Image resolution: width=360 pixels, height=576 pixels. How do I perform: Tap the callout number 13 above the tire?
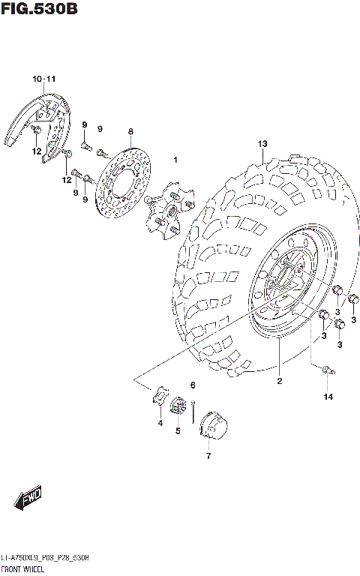(x=262, y=143)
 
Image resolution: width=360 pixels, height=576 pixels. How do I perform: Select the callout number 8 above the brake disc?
(x=130, y=131)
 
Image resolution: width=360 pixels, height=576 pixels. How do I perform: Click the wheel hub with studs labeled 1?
(x=167, y=206)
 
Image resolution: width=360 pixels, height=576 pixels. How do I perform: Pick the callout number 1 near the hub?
(x=175, y=160)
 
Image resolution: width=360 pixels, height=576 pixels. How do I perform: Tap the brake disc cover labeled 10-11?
(x=39, y=124)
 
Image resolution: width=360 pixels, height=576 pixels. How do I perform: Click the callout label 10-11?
(x=43, y=79)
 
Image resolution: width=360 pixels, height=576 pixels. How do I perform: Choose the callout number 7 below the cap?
(x=208, y=455)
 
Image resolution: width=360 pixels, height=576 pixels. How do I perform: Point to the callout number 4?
(x=160, y=424)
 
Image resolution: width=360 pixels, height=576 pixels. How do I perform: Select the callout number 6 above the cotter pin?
(x=193, y=385)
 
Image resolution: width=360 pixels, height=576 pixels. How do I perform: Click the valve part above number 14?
(x=326, y=369)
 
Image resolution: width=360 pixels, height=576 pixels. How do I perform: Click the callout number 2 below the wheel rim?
(x=278, y=381)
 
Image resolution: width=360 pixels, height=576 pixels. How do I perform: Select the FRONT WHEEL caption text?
(x=23, y=571)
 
